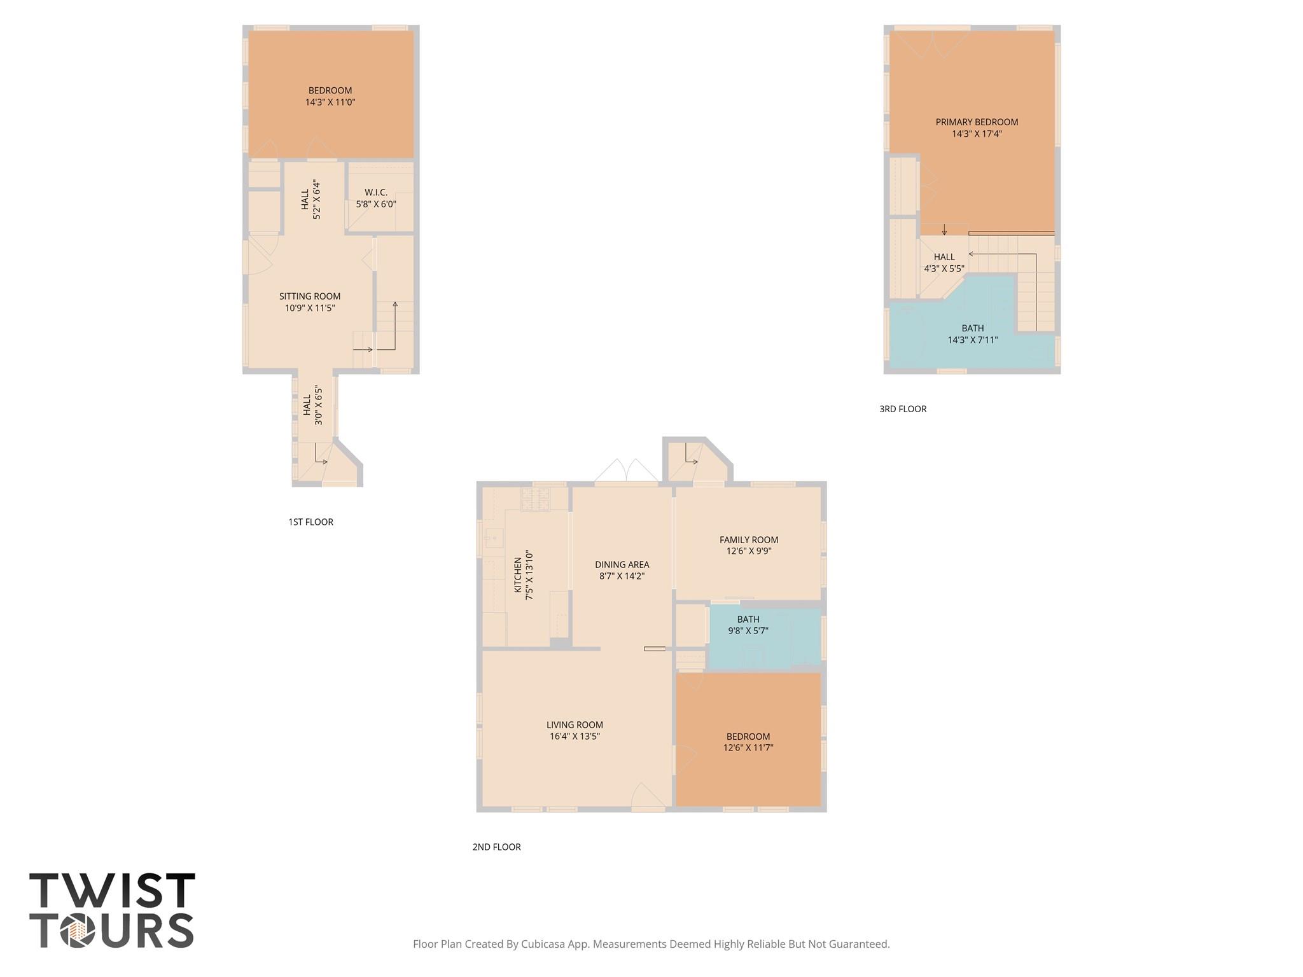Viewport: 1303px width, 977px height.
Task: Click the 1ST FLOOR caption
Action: click(x=310, y=522)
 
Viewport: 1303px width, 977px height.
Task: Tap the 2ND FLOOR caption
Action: click(x=496, y=847)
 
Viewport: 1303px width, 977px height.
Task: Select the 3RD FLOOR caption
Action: click(x=903, y=409)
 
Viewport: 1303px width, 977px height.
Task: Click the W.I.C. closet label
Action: click(x=376, y=192)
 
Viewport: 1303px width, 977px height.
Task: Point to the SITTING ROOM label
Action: click(x=310, y=296)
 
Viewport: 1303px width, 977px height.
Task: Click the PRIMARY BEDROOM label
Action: click(x=977, y=122)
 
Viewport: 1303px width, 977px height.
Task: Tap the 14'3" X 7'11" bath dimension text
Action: click(x=972, y=340)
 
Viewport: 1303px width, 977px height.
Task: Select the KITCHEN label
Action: click(x=518, y=575)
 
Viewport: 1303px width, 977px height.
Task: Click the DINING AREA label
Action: click(x=622, y=565)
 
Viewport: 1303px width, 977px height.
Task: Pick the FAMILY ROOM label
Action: click(x=749, y=540)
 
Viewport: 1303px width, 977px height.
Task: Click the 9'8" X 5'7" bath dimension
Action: click(x=748, y=631)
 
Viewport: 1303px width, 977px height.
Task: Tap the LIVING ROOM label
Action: click(x=575, y=725)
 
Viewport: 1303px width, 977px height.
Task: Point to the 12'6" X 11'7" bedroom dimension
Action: click(x=748, y=748)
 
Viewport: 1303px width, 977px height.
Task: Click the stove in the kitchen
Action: click(x=535, y=499)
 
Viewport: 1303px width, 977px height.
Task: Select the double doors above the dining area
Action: click(x=626, y=471)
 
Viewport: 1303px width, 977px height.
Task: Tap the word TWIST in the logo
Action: click(x=112, y=890)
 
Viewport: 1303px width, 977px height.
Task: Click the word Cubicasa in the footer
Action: click(x=544, y=944)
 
